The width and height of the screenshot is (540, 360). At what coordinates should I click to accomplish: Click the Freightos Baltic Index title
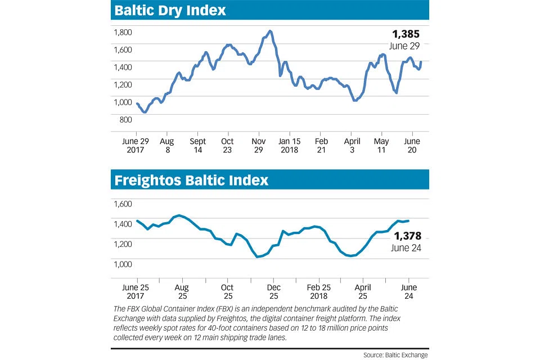click(191, 181)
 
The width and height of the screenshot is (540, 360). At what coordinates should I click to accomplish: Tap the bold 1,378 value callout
click(408, 236)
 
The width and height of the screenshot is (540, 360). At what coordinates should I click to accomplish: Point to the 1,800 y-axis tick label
click(123, 32)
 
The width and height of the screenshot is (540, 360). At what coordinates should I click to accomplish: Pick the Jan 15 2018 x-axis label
click(290, 145)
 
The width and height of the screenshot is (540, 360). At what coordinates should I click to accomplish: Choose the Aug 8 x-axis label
click(167, 145)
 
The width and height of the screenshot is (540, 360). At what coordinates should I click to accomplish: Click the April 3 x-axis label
click(352, 145)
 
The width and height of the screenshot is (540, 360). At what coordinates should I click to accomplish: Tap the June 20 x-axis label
click(413, 145)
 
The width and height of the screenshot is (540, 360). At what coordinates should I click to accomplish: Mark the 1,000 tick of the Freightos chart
click(123, 264)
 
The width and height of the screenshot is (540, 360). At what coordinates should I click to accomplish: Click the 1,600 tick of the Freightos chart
click(123, 204)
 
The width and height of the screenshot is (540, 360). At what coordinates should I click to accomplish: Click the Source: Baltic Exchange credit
click(395, 355)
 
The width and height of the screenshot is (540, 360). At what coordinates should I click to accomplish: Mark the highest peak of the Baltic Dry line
click(271, 31)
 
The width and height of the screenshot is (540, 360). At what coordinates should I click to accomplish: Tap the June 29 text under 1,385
click(404, 45)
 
